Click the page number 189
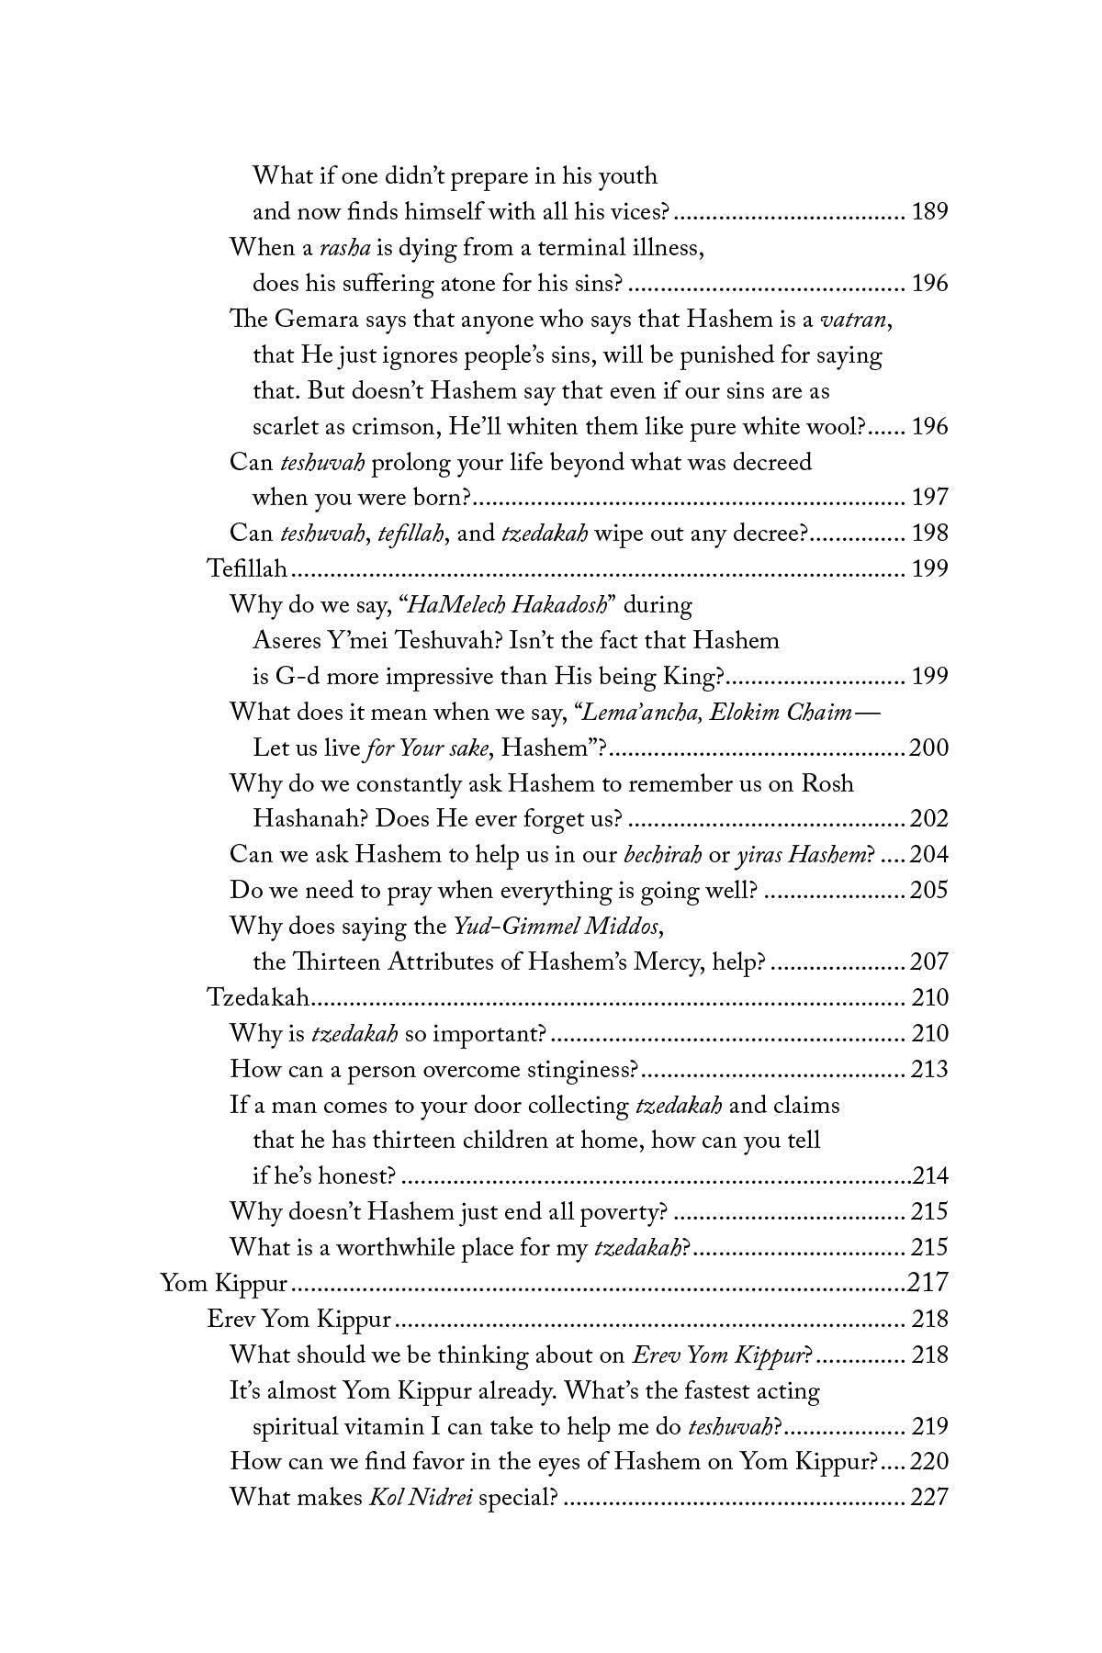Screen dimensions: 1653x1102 (x=929, y=212)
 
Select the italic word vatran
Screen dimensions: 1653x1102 (x=854, y=320)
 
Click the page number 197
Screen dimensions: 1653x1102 (x=929, y=498)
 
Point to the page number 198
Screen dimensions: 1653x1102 (x=929, y=534)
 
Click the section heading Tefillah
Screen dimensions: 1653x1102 (x=248, y=569)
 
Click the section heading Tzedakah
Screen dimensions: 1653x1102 (x=257, y=998)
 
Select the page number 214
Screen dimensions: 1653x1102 (x=930, y=1177)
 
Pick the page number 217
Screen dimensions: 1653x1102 (x=928, y=1284)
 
